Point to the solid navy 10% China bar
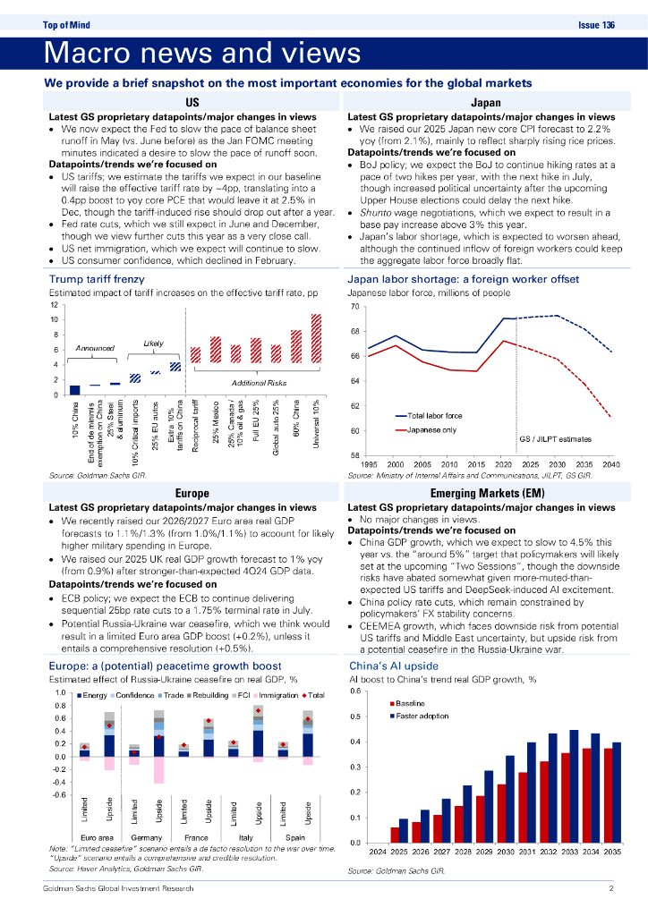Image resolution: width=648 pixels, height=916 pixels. coord(75,389)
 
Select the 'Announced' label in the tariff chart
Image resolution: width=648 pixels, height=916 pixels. coord(94,349)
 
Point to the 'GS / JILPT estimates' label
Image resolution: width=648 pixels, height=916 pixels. coord(555,439)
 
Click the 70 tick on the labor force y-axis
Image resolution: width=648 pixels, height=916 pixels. coord(354,307)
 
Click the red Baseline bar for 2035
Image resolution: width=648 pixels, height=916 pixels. coord(608,795)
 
